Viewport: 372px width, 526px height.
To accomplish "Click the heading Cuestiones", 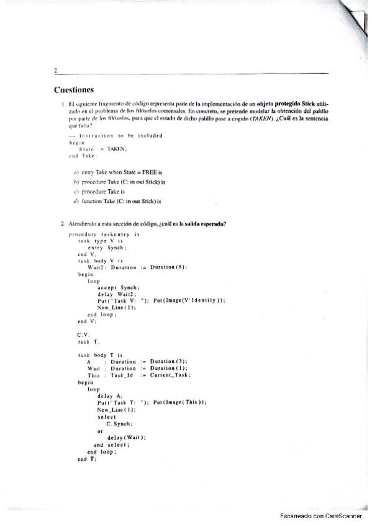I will pos(74,89).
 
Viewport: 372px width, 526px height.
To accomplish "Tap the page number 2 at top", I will pos(56,71).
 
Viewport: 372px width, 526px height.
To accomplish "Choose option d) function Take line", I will pos(117,200).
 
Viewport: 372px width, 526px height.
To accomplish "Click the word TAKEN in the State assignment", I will pos(116,149).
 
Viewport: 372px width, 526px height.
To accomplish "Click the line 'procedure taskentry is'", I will pos(104,235).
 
